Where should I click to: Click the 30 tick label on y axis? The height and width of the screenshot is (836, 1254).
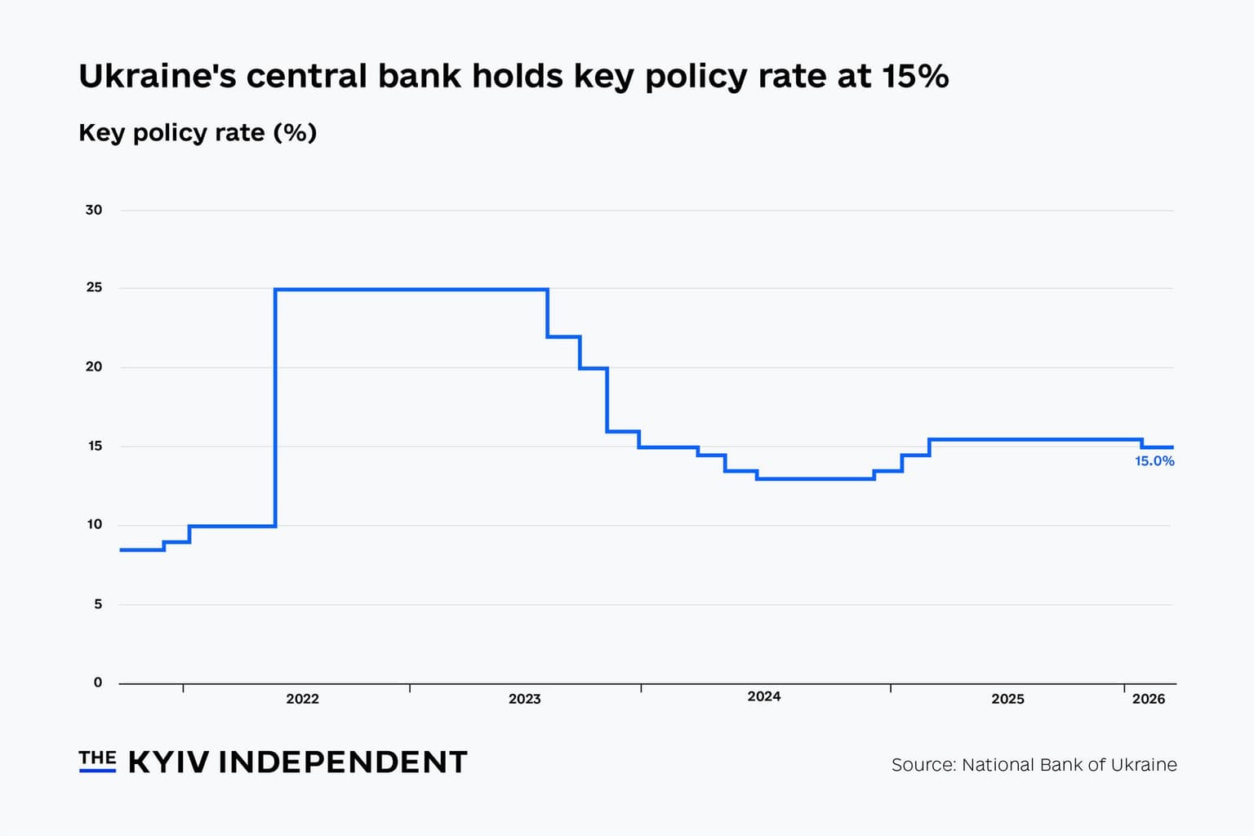pyautogui.click(x=94, y=210)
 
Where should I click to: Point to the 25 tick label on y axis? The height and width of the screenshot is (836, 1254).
pyautogui.click(x=94, y=287)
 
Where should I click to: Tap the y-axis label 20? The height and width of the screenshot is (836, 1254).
pyautogui.click(x=94, y=367)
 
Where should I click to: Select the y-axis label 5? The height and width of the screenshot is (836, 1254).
pyautogui.click(x=98, y=604)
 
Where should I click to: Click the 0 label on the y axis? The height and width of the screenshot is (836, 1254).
pyautogui.click(x=98, y=683)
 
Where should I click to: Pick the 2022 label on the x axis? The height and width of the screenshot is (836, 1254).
pyautogui.click(x=302, y=699)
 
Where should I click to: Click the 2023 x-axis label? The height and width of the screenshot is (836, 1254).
pyautogui.click(x=524, y=699)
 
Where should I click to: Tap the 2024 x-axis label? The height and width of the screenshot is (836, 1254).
pyautogui.click(x=763, y=696)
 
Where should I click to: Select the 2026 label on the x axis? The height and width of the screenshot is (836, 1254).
pyautogui.click(x=1148, y=699)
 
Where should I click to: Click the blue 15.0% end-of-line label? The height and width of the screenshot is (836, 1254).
pyautogui.click(x=1154, y=461)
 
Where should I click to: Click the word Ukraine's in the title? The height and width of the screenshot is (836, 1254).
pyautogui.click(x=156, y=76)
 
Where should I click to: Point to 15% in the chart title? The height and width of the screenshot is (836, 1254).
pyautogui.click(x=914, y=76)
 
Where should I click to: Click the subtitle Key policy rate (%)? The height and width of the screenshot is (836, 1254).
pyautogui.click(x=198, y=132)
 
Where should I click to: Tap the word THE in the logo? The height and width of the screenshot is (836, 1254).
pyautogui.click(x=97, y=758)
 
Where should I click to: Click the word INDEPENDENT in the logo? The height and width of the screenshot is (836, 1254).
pyautogui.click(x=342, y=762)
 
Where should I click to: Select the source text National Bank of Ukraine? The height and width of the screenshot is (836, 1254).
pyautogui.click(x=1069, y=765)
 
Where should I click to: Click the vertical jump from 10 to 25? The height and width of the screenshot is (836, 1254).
pyautogui.click(x=276, y=408)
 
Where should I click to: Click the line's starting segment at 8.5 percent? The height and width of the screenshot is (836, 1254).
pyautogui.click(x=142, y=550)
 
